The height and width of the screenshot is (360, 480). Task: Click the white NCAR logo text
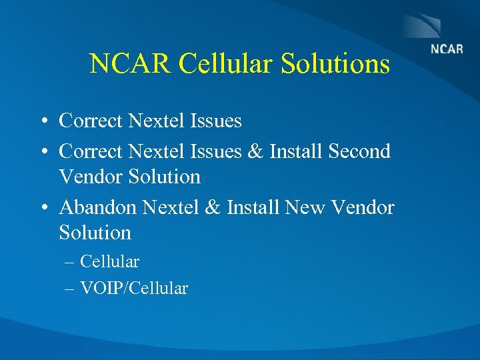447,49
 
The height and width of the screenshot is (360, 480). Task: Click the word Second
359,151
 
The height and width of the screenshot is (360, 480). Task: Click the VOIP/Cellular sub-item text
134,289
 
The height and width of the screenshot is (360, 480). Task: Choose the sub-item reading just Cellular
109,262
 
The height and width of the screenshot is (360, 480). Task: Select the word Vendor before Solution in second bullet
92,177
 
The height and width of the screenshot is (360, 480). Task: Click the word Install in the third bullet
253,207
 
